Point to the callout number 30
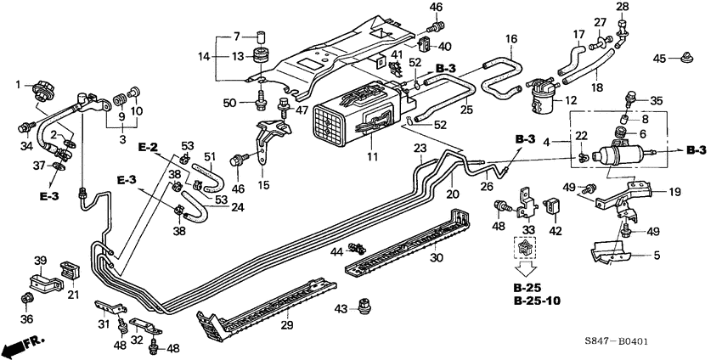point(438,258)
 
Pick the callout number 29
point(286,326)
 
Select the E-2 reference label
point(149,147)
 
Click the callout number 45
point(660,58)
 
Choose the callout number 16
point(511,38)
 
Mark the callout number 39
point(39,259)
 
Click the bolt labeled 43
point(366,304)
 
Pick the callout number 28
point(622,8)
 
